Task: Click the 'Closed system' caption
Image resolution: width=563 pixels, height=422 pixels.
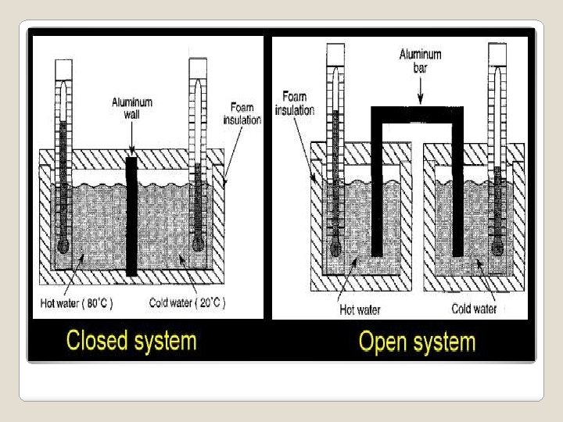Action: [131, 341]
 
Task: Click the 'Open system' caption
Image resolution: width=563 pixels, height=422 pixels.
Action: [416, 342]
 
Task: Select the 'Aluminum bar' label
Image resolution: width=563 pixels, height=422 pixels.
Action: [420, 60]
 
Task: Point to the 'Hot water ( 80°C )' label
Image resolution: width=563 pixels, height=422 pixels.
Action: [75, 304]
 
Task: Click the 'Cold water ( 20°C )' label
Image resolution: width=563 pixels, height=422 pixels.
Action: [185, 304]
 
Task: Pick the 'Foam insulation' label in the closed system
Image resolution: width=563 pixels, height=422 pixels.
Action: [242, 114]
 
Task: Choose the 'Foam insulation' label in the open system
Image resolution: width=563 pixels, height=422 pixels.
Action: [294, 103]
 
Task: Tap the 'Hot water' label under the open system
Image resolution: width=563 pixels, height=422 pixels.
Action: [360, 309]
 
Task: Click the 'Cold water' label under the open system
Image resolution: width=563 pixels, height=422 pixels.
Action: [474, 309]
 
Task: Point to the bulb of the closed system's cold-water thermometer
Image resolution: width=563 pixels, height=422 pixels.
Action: [197, 244]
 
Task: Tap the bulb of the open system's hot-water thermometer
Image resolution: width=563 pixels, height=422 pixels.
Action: [335, 249]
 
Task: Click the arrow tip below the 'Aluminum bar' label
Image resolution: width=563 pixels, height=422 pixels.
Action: [420, 102]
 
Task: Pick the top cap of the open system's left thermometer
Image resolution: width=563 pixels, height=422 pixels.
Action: [335, 54]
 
